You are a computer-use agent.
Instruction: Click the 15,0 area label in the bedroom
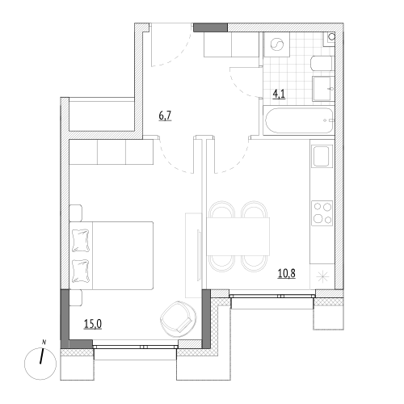point(93,324)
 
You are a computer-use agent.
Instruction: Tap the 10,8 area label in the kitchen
point(287,274)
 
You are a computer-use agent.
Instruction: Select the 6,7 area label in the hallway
point(165,116)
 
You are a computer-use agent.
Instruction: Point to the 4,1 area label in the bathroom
point(279,95)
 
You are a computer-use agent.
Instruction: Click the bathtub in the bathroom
point(300,120)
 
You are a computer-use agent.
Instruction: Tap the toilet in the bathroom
point(322,64)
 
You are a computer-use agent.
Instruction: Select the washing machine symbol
point(276,44)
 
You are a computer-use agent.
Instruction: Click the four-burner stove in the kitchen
point(322,213)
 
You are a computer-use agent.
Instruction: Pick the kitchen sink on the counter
point(322,156)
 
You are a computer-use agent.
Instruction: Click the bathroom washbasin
point(323,89)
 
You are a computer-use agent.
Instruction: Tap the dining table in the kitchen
point(238,237)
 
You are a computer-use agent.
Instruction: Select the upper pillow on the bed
point(81,241)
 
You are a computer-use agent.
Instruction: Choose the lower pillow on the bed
point(81,271)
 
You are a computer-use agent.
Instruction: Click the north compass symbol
point(40,364)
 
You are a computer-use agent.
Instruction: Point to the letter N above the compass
point(44,343)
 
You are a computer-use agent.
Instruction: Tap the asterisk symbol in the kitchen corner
point(322,278)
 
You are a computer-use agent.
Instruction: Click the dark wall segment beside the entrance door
point(211,27)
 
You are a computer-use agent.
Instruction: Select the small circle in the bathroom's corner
point(332,36)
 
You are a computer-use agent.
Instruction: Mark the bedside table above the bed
point(76,213)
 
